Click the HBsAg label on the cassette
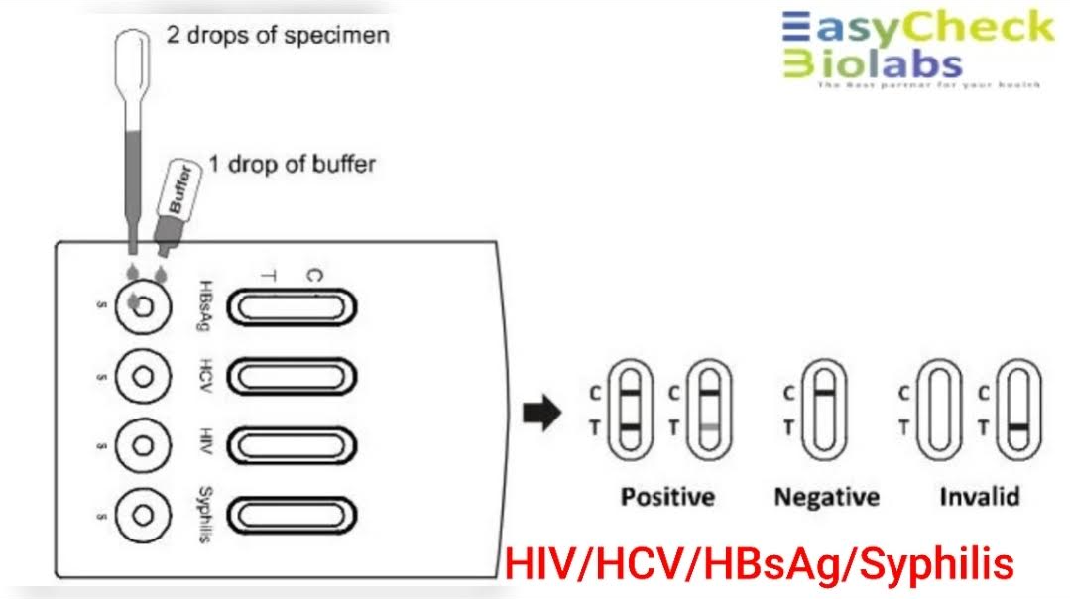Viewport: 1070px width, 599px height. (205, 306)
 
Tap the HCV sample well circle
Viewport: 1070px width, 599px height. (143, 377)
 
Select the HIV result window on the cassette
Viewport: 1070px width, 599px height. (293, 444)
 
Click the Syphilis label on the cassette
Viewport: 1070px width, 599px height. (205, 515)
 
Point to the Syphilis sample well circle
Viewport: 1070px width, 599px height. (143, 515)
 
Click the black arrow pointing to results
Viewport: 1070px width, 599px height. (541, 414)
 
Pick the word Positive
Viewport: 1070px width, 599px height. (667, 496)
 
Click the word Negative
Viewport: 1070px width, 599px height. (826, 496)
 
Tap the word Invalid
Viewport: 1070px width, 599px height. (979, 496)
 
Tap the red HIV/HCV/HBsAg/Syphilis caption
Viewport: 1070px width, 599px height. (760, 565)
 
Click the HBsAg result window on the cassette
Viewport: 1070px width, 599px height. (293, 307)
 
